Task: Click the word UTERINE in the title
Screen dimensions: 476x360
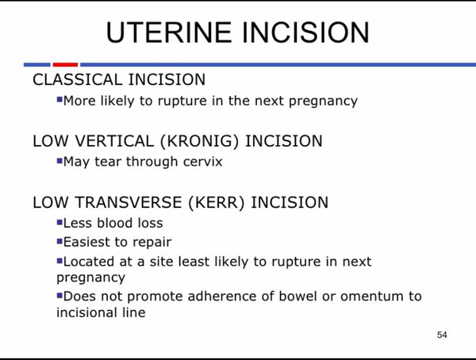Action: point(169,33)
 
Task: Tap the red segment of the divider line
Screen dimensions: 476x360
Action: point(65,64)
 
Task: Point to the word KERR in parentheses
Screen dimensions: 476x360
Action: point(216,202)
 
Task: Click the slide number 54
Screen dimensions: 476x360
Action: point(442,335)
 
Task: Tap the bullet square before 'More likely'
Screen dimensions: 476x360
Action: point(59,99)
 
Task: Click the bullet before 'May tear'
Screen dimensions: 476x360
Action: point(59,160)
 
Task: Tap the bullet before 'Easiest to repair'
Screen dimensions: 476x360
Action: point(59,241)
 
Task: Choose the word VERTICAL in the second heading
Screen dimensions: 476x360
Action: point(114,141)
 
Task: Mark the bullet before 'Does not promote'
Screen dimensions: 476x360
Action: point(59,295)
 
